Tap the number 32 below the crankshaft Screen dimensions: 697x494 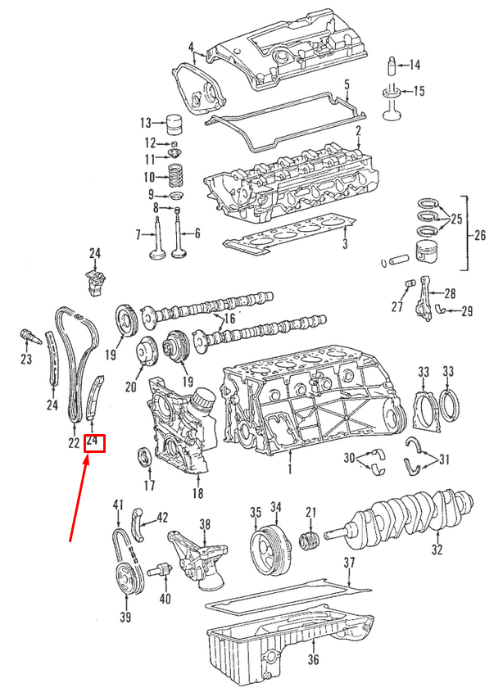pyautogui.click(x=437, y=550)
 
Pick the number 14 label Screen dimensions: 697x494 pyautogui.click(x=414, y=65)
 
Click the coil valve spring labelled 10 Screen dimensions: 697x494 pyautogui.click(x=175, y=177)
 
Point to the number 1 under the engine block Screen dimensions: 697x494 pyautogui.click(x=288, y=470)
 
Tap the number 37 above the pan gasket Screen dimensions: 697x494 pyautogui.click(x=350, y=563)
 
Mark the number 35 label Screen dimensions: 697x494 pyautogui.click(x=255, y=512)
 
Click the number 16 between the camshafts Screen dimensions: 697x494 pyautogui.click(x=229, y=318)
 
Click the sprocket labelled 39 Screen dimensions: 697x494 pyautogui.click(x=126, y=582)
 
